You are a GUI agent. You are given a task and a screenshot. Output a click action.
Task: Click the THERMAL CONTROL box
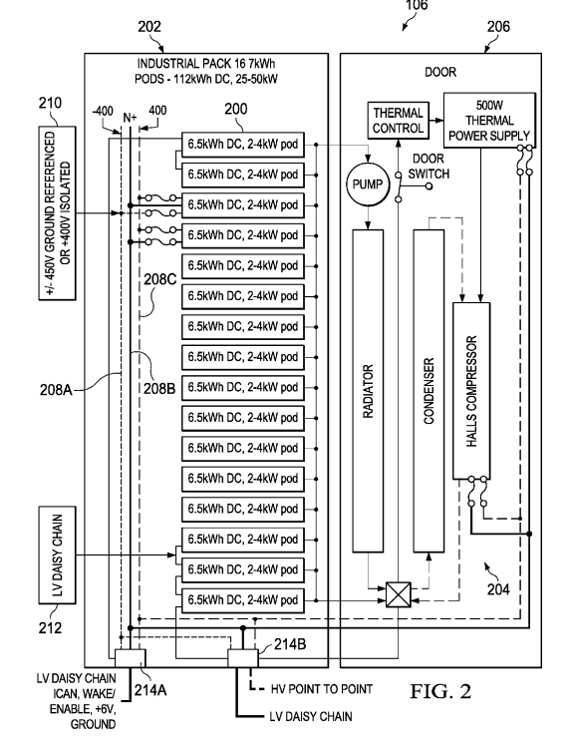[398, 121]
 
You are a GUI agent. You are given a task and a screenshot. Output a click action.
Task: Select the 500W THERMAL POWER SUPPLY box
[489, 121]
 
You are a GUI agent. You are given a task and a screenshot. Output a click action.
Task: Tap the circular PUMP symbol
[368, 185]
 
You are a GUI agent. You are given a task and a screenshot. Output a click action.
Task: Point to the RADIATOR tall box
[368, 391]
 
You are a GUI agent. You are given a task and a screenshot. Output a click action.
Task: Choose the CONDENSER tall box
[429, 391]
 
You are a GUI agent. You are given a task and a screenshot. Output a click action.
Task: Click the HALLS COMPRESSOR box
[471, 391]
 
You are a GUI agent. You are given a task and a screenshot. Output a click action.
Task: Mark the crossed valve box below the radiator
[399, 594]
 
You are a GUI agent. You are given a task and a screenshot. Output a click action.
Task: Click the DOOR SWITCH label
[429, 167]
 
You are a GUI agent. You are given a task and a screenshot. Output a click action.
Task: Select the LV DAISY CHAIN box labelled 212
[57, 555]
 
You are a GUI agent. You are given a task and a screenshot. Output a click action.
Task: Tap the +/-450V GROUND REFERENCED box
[57, 212]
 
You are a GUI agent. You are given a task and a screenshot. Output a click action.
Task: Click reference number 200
[236, 109]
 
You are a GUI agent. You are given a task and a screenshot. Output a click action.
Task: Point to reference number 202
[149, 26]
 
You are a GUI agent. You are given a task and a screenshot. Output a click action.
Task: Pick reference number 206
[499, 26]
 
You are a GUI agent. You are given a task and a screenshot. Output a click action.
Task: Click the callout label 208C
[159, 279]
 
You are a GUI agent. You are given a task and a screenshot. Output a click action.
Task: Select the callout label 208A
[56, 389]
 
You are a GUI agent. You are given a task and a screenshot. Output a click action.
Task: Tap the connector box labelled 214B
[243, 658]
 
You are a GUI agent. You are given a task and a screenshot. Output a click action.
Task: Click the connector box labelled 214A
[131, 658]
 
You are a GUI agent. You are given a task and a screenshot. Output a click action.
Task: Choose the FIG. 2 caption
[440, 691]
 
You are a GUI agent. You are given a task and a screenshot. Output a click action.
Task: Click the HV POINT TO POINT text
[322, 689]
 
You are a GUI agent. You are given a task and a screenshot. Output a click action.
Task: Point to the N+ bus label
[130, 117]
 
